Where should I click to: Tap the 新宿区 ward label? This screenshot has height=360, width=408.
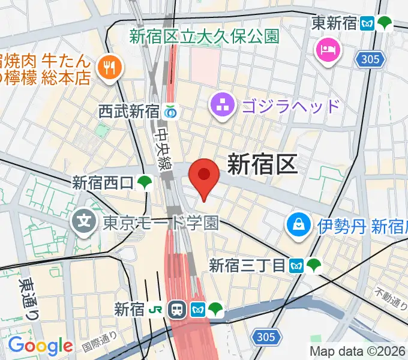tap(262, 164)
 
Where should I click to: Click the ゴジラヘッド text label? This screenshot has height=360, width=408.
tap(290, 107)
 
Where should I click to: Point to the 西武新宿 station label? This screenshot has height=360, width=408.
tap(128, 111)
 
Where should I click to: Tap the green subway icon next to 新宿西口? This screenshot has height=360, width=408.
tap(144, 182)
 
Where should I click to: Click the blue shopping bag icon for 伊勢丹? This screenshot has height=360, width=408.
tap(298, 226)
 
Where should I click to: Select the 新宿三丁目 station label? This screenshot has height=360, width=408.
tap(247, 265)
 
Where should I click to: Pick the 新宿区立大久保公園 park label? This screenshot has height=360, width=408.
tap(205, 36)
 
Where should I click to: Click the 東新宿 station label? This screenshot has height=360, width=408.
tap(334, 24)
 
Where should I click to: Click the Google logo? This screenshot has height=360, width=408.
tap(40, 346)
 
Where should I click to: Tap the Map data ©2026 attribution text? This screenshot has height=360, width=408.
tap(358, 352)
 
